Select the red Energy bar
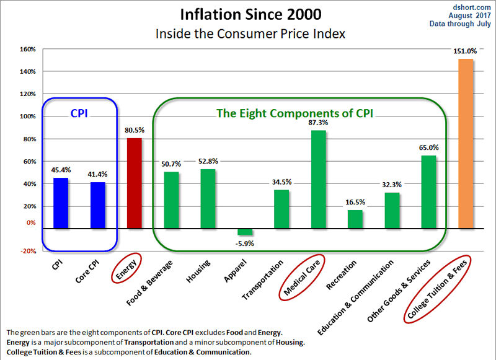coord(134,183)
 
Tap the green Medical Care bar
coord(318,179)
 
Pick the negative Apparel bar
coord(245,232)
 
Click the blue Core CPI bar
coord(98,205)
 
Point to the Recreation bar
coord(355,219)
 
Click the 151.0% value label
coord(466,52)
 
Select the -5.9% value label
coord(246,244)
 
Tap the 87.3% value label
coord(318,123)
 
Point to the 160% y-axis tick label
coord(27,50)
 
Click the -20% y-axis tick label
coord(27,251)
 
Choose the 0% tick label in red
coord(30,222)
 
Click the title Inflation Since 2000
coord(248,13)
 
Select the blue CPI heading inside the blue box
coord(79,113)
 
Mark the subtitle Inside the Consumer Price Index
coord(248,33)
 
